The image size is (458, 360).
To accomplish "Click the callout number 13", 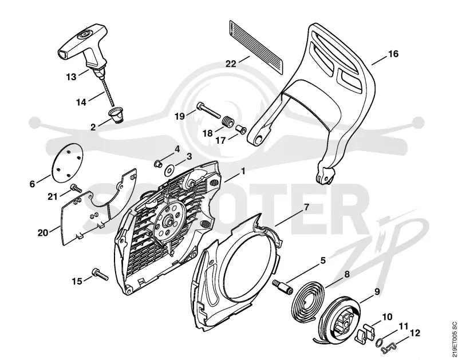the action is point(71,77).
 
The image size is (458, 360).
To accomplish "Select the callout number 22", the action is point(231,64).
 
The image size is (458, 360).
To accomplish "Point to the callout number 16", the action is point(393,54).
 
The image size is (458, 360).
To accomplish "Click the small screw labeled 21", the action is point(76,188).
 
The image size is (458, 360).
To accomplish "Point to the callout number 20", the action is point(42,233).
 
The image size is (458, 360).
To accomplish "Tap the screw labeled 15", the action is point(100,274).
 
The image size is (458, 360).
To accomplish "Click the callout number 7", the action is point(306,207).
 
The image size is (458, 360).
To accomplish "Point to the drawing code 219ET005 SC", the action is point(453,339).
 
